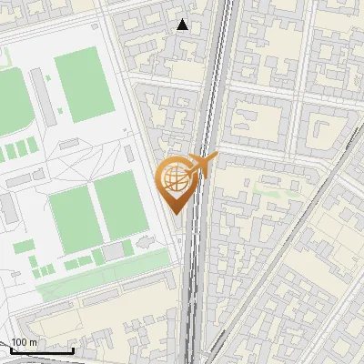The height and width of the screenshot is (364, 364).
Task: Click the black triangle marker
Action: point(183,25)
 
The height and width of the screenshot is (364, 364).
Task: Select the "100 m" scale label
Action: point(25,342)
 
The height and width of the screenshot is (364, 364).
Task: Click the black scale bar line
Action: point(42,349)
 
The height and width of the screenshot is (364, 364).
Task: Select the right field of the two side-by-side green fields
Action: point(120,204)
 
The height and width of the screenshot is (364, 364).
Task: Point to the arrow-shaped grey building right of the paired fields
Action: point(146,243)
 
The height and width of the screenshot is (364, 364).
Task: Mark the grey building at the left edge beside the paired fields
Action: point(7,208)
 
